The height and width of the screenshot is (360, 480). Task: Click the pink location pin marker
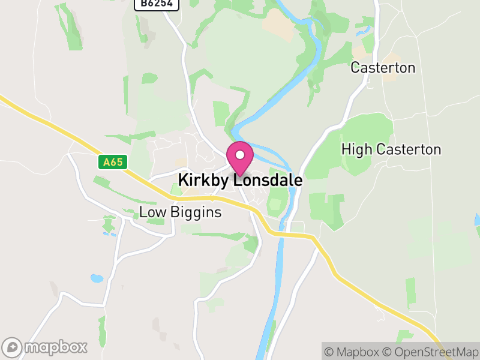click(x=240, y=158)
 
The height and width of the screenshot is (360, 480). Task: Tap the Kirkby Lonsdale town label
click(x=240, y=181)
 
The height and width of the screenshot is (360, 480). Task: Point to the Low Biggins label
click(x=180, y=212)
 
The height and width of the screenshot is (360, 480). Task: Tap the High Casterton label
click(x=391, y=150)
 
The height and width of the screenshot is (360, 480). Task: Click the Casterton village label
click(x=383, y=68)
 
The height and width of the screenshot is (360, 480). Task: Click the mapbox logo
click(x=46, y=347)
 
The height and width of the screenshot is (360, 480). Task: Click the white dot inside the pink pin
click(x=240, y=155)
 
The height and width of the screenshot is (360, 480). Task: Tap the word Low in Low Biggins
click(x=151, y=212)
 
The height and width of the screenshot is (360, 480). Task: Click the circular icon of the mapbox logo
click(x=13, y=347)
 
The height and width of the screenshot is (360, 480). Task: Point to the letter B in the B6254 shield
click(x=142, y=4)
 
